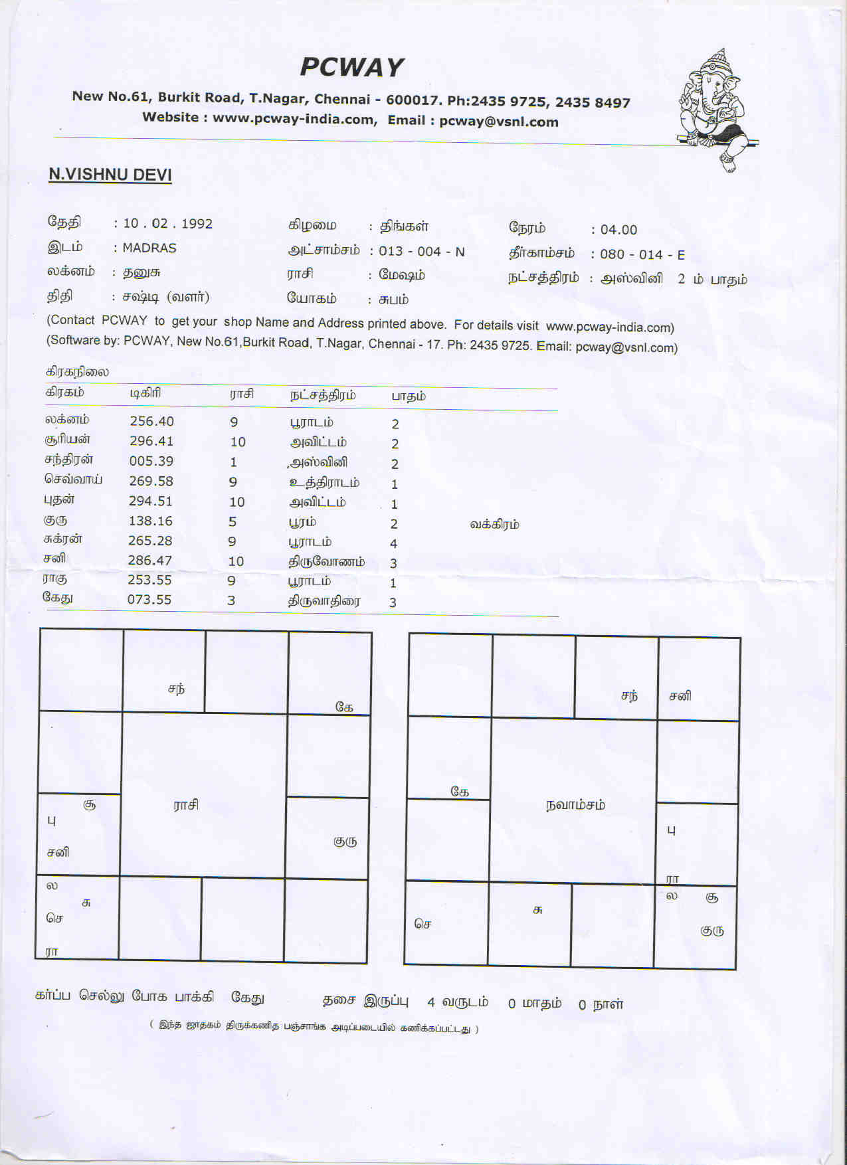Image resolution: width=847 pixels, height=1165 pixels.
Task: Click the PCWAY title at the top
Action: [x=351, y=67]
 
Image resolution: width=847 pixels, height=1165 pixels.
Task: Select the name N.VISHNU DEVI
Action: [x=110, y=175]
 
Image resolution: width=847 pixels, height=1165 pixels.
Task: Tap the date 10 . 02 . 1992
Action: [x=167, y=224]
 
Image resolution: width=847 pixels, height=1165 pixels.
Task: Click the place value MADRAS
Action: [x=149, y=248]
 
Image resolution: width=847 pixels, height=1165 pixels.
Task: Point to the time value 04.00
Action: [x=618, y=230]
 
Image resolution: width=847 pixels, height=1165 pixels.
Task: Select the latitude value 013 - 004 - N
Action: [x=422, y=252]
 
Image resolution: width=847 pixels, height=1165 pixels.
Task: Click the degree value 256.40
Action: [x=151, y=421]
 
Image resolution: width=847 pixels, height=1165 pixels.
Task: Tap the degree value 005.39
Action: [x=151, y=461]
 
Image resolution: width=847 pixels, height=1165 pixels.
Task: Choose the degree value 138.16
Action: [x=150, y=521]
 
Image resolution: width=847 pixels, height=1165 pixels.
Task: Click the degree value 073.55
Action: [x=149, y=600]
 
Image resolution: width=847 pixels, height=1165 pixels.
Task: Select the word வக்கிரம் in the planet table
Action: [x=494, y=524]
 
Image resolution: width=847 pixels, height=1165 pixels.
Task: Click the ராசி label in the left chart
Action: [x=186, y=805]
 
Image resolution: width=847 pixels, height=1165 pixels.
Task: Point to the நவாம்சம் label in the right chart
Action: [x=575, y=805]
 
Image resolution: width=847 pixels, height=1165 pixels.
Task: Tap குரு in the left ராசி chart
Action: [x=345, y=841]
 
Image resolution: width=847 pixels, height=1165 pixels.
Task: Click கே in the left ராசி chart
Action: [x=344, y=707]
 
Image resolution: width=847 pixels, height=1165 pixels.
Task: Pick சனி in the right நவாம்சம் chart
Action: [x=680, y=696]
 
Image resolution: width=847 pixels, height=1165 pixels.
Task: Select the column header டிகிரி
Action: [x=145, y=393]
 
